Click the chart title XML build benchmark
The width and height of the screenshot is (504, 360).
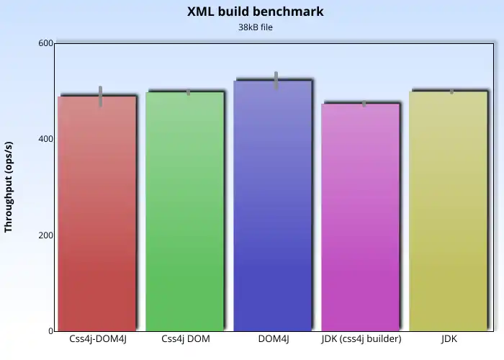pos(256,12)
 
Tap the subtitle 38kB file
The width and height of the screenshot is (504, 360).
pos(256,27)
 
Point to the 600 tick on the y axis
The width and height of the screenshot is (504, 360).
pos(45,43)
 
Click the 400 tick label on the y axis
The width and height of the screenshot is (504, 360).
pos(45,139)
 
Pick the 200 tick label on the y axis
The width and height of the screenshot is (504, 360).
pos(45,235)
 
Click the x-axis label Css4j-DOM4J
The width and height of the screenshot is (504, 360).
pos(97,339)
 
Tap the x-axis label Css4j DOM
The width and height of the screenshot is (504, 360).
pos(185,339)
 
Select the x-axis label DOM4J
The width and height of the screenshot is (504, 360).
pos(273,339)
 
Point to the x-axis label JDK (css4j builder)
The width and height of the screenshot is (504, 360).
pos(361,339)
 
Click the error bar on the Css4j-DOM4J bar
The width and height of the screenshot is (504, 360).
pos(101,96)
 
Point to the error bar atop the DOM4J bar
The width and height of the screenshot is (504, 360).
pos(276,80)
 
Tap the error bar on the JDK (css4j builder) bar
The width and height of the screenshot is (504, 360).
pos(364,104)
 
